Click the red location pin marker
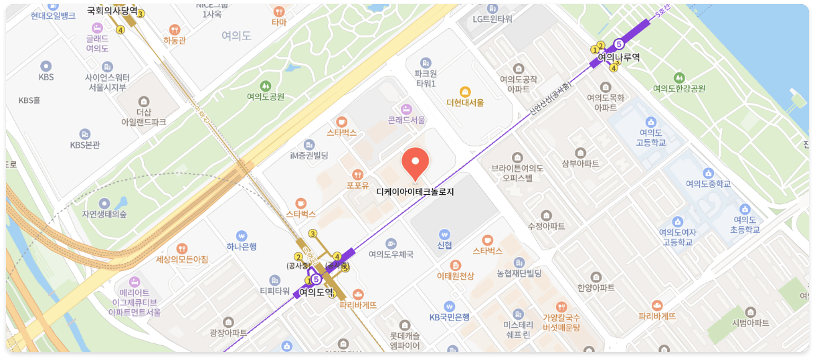pos(415,163)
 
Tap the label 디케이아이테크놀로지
pos(415,191)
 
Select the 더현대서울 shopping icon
pos(465,92)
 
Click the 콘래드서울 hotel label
pos(406,120)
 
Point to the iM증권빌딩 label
pos(309,155)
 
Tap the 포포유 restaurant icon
pos(357,174)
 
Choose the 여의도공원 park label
pos(266,96)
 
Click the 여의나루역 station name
pos(618,57)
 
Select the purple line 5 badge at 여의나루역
pos(618,43)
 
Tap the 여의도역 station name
pos(316,292)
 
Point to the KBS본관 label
pos(85,145)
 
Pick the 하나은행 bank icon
pos(242,236)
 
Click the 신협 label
pos(444,245)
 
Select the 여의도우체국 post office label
pos(391,254)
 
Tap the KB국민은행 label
pos(450,317)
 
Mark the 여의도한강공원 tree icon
pos(679,78)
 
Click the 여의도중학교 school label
pos(708,184)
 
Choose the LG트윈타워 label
pos(492,19)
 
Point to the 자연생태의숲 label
pos(104,214)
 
